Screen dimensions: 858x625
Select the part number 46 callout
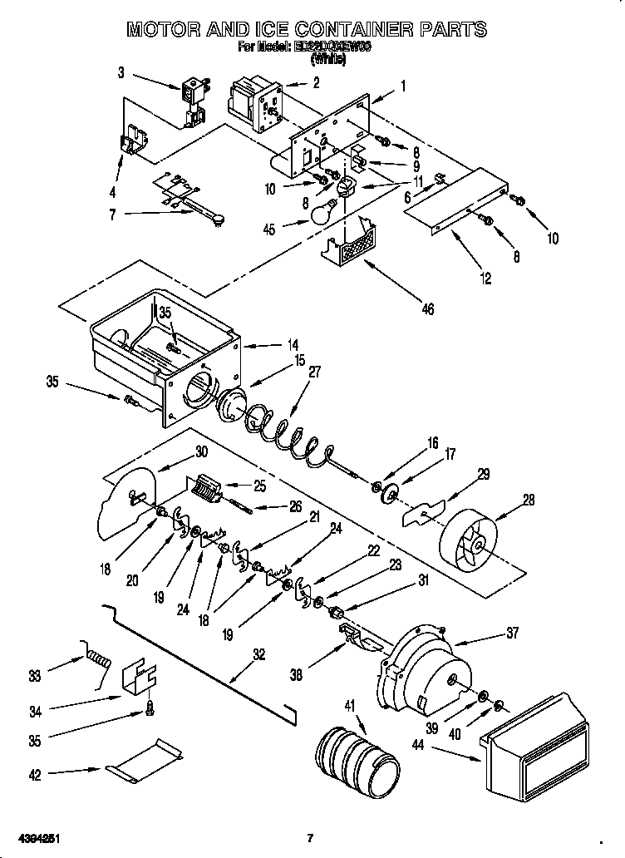click(427, 309)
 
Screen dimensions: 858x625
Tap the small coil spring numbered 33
click(98, 663)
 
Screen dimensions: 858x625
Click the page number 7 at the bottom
click(309, 836)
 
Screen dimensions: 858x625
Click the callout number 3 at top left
click(121, 73)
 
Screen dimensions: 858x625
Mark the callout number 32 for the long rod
click(259, 654)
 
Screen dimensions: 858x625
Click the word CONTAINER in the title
click(349, 30)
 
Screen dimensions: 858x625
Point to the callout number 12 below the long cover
click(485, 279)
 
